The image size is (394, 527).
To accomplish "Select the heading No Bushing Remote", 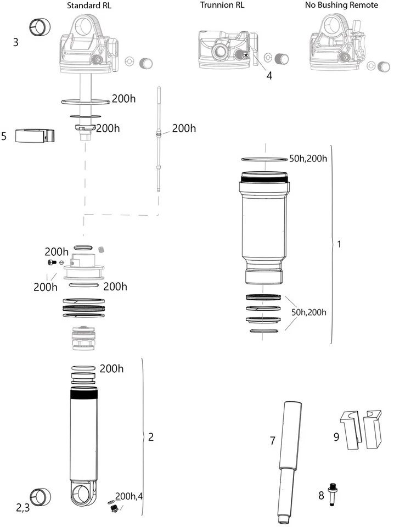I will pos(341,5).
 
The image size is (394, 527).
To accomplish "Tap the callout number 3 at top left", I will pos(16,42).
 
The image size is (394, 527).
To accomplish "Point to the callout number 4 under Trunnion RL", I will pos(269,76).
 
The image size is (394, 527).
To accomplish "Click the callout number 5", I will pos(4,136).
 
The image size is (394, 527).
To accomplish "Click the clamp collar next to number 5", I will pos(35,135).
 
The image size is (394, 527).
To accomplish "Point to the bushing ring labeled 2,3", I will pos(40,496).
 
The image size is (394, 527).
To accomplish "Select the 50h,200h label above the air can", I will pos(308,159).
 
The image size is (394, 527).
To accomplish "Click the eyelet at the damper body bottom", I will pos(83,496).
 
